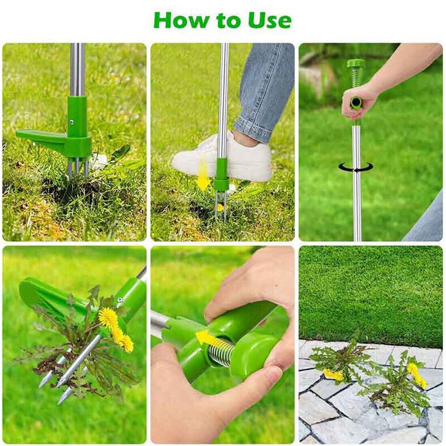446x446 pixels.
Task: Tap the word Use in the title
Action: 269,20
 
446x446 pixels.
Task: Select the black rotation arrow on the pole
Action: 356,167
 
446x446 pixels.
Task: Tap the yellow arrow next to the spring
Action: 207,339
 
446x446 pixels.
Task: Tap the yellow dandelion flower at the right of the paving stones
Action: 417,375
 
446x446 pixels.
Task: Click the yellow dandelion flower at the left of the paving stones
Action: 333,375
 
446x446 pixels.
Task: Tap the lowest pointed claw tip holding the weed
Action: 60,401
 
